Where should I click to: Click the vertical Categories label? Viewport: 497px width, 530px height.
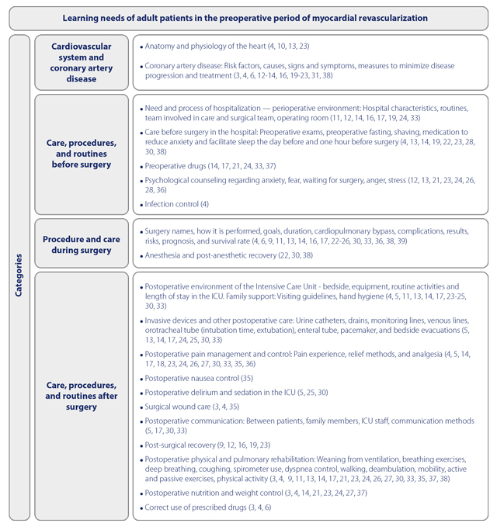(x=19, y=275)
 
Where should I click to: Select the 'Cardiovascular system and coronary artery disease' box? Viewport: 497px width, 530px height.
(x=82, y=62)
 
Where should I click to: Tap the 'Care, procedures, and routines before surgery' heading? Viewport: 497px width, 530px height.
(x=82, y=154)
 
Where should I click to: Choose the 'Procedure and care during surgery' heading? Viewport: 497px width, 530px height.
(x=82, y=245)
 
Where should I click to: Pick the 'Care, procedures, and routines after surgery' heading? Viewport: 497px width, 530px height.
(x=82, y=396)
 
